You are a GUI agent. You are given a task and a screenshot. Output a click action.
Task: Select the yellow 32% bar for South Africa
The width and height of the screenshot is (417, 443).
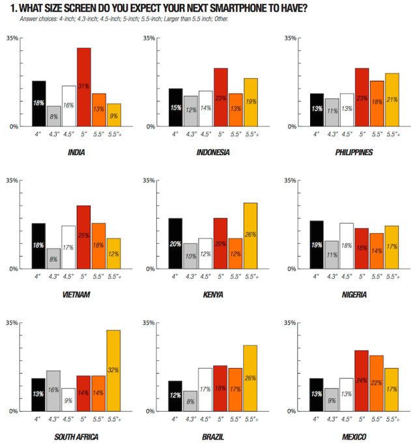point(113,371)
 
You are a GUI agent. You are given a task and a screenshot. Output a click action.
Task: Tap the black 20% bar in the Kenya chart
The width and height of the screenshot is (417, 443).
point(175,244)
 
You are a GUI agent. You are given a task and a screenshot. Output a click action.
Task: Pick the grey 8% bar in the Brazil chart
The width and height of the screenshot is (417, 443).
point(190,401)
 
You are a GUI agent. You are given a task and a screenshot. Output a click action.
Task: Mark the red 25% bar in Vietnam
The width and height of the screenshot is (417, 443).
point(83,237)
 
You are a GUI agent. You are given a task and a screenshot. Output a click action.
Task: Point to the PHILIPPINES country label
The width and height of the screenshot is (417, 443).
point(354,153)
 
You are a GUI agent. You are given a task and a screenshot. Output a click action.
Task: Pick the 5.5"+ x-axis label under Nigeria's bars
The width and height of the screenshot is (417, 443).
point(392,276)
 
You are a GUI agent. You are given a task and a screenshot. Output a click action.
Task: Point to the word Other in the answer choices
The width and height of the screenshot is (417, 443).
point(220,18)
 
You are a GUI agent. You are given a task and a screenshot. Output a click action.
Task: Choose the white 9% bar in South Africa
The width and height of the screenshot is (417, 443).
point(68,399)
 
